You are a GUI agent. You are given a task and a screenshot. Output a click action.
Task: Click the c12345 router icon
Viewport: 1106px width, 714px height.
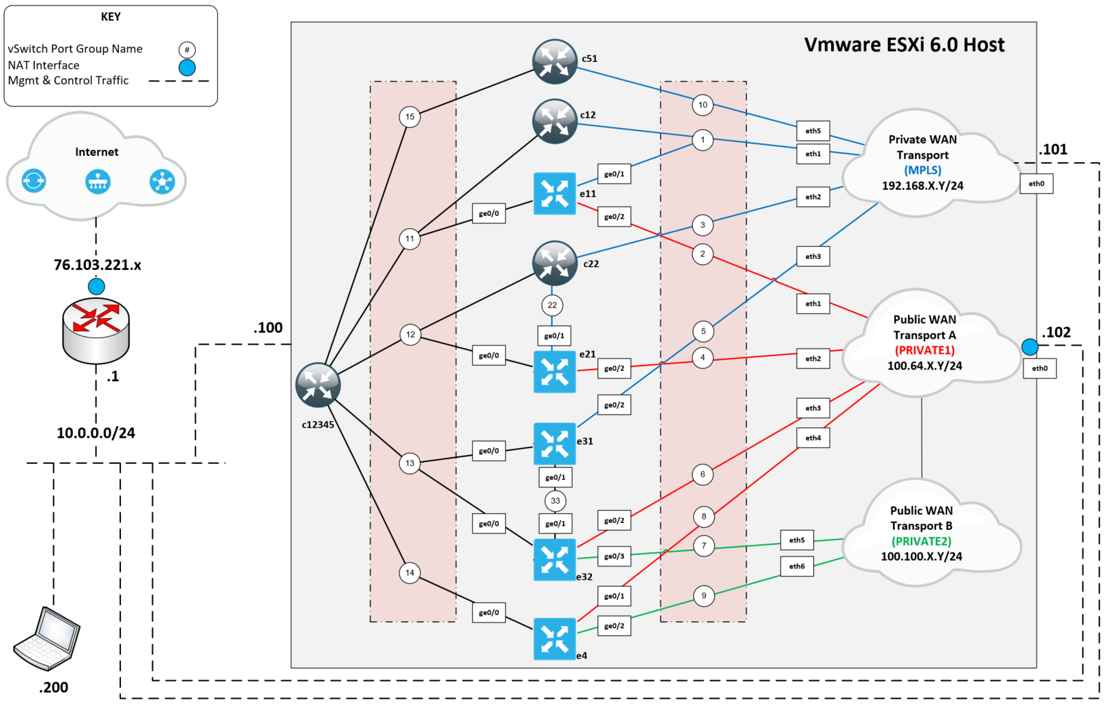click(318, 385)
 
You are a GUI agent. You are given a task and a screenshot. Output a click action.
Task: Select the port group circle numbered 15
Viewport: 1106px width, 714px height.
click(410, 117)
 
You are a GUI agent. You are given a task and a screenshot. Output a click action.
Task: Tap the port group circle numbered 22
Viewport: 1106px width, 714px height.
click(552, 305)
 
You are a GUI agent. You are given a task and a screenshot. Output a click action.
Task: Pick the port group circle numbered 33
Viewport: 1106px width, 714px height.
click(555, 500)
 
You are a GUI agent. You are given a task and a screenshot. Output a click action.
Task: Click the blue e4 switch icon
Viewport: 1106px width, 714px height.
click(554, 639)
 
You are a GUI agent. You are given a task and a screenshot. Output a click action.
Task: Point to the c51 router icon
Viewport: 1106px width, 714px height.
click(554, 62)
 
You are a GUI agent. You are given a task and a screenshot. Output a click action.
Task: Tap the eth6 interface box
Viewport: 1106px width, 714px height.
click(797, 566)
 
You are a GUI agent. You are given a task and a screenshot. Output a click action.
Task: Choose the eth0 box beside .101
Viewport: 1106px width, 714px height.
click(1036, 183)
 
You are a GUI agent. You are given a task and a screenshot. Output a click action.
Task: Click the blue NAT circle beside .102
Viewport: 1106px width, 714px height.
click(1029, 347)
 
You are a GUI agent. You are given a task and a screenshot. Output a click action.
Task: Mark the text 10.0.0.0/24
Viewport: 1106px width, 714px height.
click(96, 433)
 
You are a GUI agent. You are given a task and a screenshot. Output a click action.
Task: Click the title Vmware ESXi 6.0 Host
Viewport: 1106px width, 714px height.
click(904, 45)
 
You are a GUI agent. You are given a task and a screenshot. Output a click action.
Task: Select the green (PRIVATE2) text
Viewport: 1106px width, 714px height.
click(921, 541)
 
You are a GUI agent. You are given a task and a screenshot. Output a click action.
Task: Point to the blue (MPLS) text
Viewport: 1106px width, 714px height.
click(922, 170)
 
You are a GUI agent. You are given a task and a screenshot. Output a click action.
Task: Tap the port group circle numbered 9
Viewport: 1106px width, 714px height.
click(703, 596)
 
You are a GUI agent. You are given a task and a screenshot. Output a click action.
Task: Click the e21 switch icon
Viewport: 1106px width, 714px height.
click(554, 372)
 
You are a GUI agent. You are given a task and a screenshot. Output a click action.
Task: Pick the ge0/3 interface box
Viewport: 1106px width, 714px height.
click(614, 556)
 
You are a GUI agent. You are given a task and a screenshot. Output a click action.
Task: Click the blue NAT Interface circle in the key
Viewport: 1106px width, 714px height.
click(187, 67)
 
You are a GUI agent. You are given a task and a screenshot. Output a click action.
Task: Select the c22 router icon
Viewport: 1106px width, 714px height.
click(554, 263)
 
